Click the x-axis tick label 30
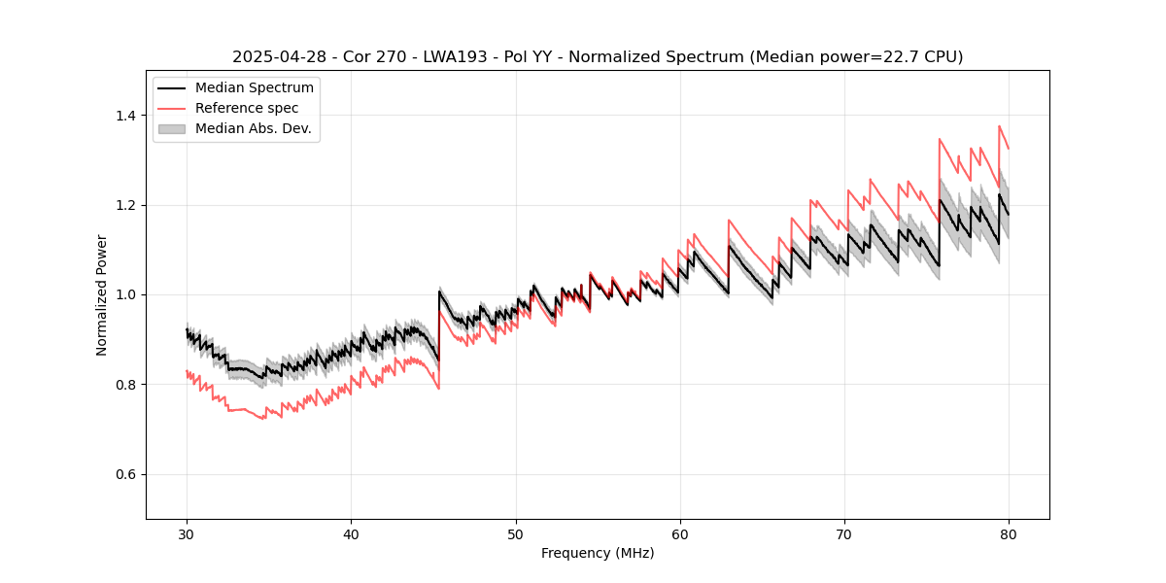(x=187, y=533)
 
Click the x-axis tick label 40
(x=351, y=533)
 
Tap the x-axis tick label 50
(x=516, y=533)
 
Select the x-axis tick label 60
(x=680, y=533)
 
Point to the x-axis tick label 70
(x=844, y=533)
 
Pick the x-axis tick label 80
(x=1009, y=533)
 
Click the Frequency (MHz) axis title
(x=598, y=553)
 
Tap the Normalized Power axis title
(x=102, y=294)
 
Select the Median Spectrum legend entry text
(x=255, y=88)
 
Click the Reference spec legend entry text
(x=247, y=108)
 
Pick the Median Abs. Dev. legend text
(x=254, y=128)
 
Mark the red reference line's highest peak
(x=999, y=126)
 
